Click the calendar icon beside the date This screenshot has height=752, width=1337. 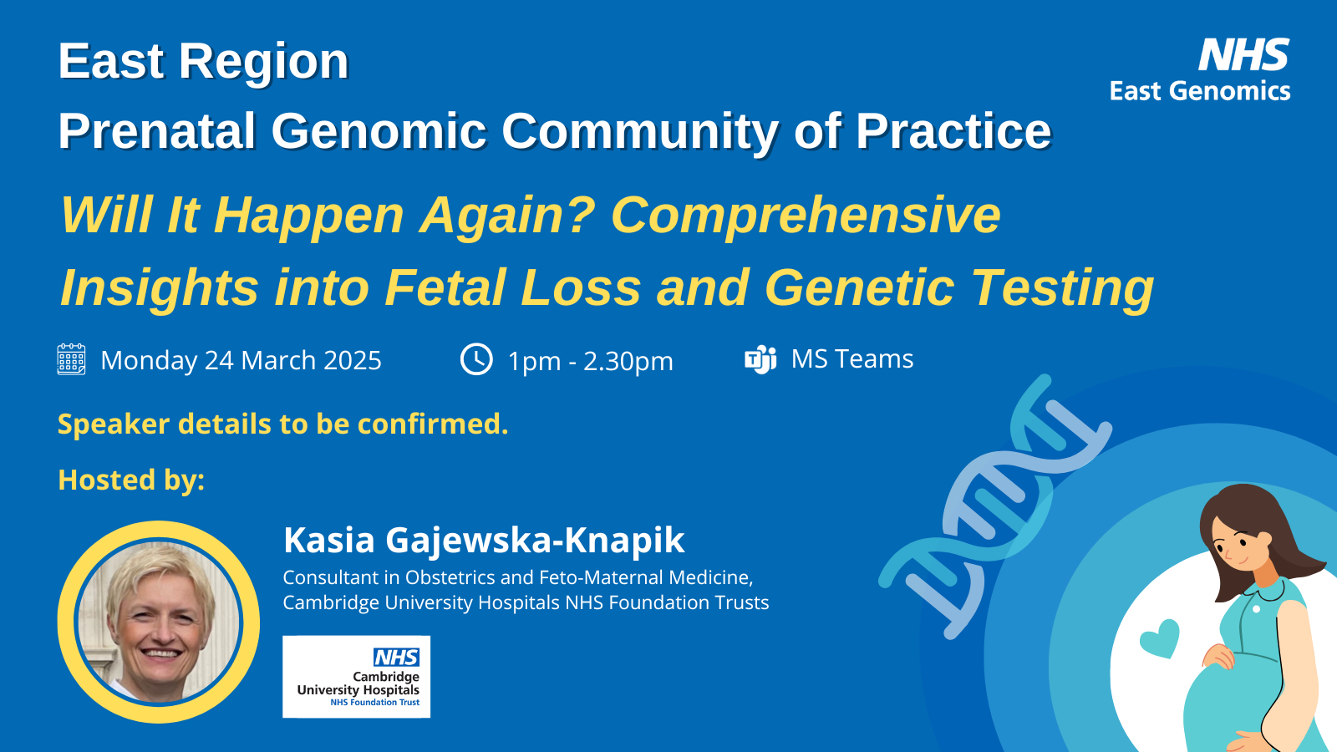pyautogui.click(x=71, y=359)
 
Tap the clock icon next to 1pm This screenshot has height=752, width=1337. pyautogui.click(x=476, y=359)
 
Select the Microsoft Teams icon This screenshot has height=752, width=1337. pyautogui.click(x=760, y=359)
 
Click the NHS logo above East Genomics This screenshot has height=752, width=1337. pyautogui.click(x=1244, y=55)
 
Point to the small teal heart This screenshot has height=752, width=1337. pyautogui.click(x=1160, y=638)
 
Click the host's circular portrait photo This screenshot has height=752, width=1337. pyautogui.click(x=159, y=622)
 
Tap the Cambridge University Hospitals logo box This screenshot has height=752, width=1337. pyautogui.click(x=356, y=676)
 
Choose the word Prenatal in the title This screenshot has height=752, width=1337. pyautogui.click(x=157, y=130)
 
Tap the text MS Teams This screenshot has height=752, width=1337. pyautogui.click(x=852, y=358)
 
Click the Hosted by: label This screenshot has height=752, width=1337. pyautogui.click(x=131, y=480)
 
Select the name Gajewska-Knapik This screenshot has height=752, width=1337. pyautogui.click(x=535, y=541)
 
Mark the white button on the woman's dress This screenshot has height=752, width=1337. pyautogui.click(x=1257, y=609)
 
